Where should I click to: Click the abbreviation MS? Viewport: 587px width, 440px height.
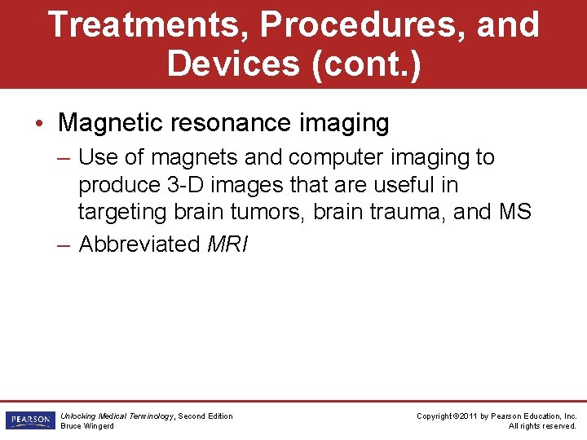tap(514, 212)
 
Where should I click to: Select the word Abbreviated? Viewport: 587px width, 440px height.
tap(139, 244)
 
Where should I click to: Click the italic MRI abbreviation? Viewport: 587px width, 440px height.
tap(228, 244)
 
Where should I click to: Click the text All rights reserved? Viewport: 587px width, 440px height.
tap(542, 426)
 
